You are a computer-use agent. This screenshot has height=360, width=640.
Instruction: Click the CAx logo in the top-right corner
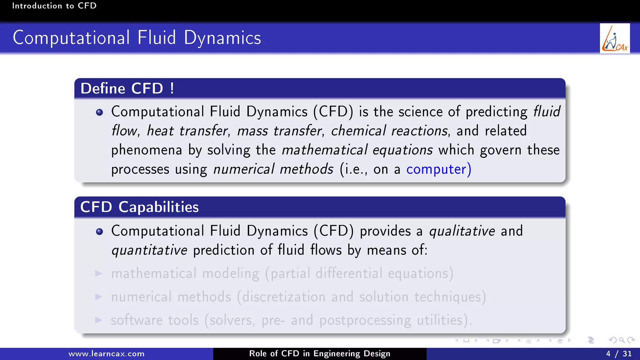[x=615, y=38]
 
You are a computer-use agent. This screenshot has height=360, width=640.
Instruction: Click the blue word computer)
[x=438, y=169]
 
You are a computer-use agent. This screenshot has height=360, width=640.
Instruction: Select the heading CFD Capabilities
[x=139, y=207]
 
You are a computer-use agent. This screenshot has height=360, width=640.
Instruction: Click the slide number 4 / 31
[x=618, y=353]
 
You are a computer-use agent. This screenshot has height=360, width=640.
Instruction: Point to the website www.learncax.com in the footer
[x=106, y=354]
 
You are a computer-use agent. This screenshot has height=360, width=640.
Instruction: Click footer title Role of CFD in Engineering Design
[x=319, y=353]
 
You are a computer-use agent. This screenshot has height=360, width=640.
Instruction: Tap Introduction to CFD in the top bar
[x=54, y=6]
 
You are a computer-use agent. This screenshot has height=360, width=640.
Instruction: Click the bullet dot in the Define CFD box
[x=99, y=112]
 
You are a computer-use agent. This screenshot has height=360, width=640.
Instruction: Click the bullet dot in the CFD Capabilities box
[x=99, y=232]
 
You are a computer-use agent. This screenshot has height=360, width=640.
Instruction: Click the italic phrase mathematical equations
[x=357, y=150]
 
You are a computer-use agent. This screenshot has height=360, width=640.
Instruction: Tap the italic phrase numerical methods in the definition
[x=273, y=169]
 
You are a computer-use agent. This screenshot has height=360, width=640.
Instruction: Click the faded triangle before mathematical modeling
[x=99, y=274]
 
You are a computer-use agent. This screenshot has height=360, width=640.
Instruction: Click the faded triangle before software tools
[x=99, y=320]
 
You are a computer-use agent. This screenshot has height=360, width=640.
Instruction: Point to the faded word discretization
[x=283, y=297]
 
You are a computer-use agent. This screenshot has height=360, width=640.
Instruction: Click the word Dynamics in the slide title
[x=222, y=38]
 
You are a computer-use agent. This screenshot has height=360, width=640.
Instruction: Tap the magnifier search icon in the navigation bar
[x=622, y=340]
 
